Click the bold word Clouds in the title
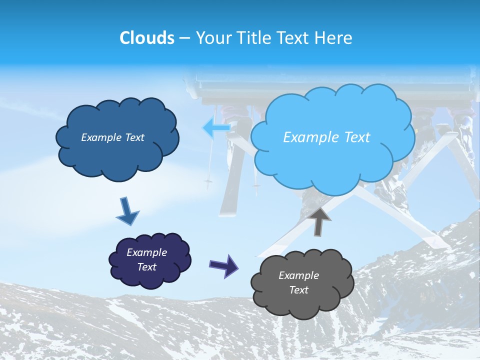(146, 38)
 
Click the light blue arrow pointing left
(216, 128)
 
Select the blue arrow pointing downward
(127, 211)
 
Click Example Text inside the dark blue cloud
(112, 137)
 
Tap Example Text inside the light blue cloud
(326, 137)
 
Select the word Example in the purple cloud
(146, 252)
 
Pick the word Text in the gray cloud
(298, 290)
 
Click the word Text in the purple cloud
(146, 267)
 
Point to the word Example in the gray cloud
(298, 275)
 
